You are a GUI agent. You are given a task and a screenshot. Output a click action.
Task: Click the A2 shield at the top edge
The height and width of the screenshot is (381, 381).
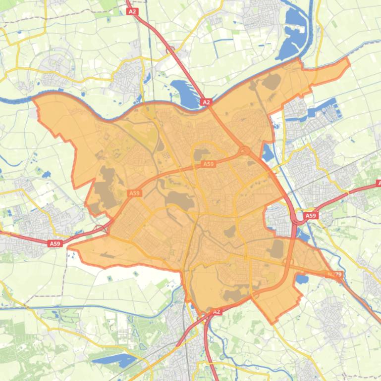132,11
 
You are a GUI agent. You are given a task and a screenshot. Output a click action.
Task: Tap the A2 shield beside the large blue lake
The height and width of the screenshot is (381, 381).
206,102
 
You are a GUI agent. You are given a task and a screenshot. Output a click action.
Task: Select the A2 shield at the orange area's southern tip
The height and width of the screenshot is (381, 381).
216,312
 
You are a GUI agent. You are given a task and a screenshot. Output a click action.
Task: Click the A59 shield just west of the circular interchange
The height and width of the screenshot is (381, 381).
209,164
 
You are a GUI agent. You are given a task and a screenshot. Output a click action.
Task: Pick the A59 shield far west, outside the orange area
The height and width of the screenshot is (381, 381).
55,243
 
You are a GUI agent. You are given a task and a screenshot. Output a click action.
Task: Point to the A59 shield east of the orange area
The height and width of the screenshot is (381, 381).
311,216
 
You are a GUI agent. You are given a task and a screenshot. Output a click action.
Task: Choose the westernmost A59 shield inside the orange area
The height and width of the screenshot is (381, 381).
134,193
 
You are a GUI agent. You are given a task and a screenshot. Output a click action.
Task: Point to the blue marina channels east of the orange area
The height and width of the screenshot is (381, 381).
322,110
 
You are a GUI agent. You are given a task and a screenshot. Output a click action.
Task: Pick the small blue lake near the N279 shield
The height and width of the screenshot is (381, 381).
301,280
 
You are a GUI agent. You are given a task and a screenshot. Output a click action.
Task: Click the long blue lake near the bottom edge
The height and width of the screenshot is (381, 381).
115,360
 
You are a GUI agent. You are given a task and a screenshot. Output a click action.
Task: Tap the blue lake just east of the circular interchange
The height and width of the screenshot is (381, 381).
267,153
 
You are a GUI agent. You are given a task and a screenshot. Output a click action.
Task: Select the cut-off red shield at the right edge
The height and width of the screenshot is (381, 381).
379,183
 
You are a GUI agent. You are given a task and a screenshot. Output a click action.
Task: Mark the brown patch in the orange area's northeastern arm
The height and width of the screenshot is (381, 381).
271,82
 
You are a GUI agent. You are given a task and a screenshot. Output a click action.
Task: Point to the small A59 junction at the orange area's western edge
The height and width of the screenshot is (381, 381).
100,229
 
